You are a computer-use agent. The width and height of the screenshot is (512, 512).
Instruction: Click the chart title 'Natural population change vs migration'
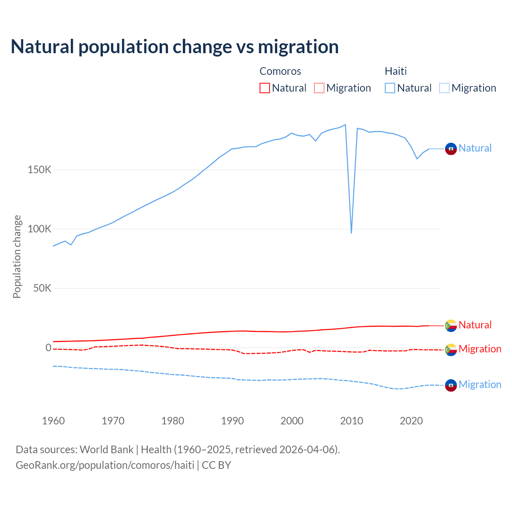pyautogui.click(x=174, y=46)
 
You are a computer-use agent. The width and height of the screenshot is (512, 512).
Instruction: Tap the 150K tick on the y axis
pyautogui.click(x=40, y=170)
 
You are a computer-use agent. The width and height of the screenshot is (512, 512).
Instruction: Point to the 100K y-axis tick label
pyautogui.click(x=40, y=229)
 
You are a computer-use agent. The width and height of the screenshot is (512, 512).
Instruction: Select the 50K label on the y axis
pyautogui.click(x=42, y=288)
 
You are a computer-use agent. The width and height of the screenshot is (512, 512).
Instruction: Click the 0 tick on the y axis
pyautogui.click(x=48, y=348)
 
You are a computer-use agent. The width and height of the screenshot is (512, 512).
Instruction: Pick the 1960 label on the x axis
pyautogui.click(x=53, y=421)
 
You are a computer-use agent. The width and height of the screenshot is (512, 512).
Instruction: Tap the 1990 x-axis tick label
pyautogui.click(x=232, y=421)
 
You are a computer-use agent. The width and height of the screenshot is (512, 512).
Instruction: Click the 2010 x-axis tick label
pyautogui.click(x=352, y=421)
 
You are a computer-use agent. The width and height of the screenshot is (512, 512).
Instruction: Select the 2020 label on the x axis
pyautogui.click(x=411, y=421)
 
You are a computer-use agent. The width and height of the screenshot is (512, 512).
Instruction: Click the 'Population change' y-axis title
pyautogui.click(x=17, y=256)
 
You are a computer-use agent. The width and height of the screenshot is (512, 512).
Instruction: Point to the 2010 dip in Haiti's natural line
pyautogui.click(x=351, y=232)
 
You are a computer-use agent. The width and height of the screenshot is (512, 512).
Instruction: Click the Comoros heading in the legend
pyautogui.click(x=280, y=71)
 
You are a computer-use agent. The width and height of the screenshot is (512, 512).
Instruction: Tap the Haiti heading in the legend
pyautogui.click(x=396, y=71)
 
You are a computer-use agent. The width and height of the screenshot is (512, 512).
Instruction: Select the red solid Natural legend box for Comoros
pyautogui.click(x=265, y=88)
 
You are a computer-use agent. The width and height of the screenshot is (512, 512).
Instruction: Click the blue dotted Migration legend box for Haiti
pyautogui.click(x=444, y=88)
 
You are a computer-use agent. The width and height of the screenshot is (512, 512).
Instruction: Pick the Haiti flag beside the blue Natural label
pyautogui.click(x=451, y=148)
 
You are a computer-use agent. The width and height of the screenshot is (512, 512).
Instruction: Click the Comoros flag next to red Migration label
pyautogui.click(x=451, y=350)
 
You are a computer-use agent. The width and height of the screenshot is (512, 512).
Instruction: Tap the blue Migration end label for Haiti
pyautogui.click(x=480, y=384)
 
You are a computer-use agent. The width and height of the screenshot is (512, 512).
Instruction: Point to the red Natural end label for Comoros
pyautogui.click(x=475, y=325)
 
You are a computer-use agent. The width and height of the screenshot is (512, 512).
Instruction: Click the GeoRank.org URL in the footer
pyautogui.click(x=105, y=465)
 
